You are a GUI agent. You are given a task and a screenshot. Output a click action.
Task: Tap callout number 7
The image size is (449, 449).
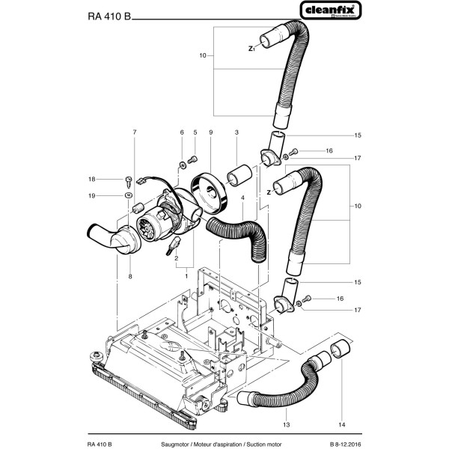[x=135, y=132]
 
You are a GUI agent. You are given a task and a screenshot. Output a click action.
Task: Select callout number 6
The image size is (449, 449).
[x=181, y=132]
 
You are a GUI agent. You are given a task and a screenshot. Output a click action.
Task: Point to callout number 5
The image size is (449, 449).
[x=195, y=132]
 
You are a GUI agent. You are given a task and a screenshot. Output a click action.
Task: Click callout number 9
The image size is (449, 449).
[x=212, y=132]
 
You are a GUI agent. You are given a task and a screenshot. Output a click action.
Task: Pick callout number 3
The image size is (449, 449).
[x=236, y=132]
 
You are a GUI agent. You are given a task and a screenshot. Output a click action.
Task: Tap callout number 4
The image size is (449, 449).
[x=243, y=197]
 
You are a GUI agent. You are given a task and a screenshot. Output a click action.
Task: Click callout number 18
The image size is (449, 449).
[x=113, y=179]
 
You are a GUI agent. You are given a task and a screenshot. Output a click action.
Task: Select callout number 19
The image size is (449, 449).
[x=113, y=195]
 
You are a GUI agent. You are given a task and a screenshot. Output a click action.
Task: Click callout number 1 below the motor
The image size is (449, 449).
[x=186, y=276]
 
